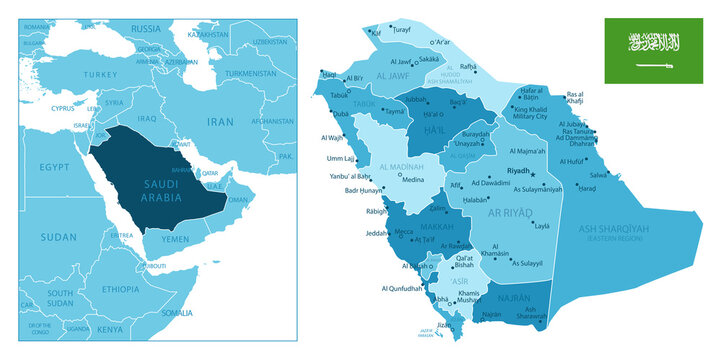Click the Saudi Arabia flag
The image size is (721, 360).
tap(654, 47)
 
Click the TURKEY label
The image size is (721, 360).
tap(100, 74)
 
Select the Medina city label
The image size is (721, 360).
tap(412, 180)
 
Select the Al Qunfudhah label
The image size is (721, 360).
tap(403, 289)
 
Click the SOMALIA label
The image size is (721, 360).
tap(178, 312)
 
